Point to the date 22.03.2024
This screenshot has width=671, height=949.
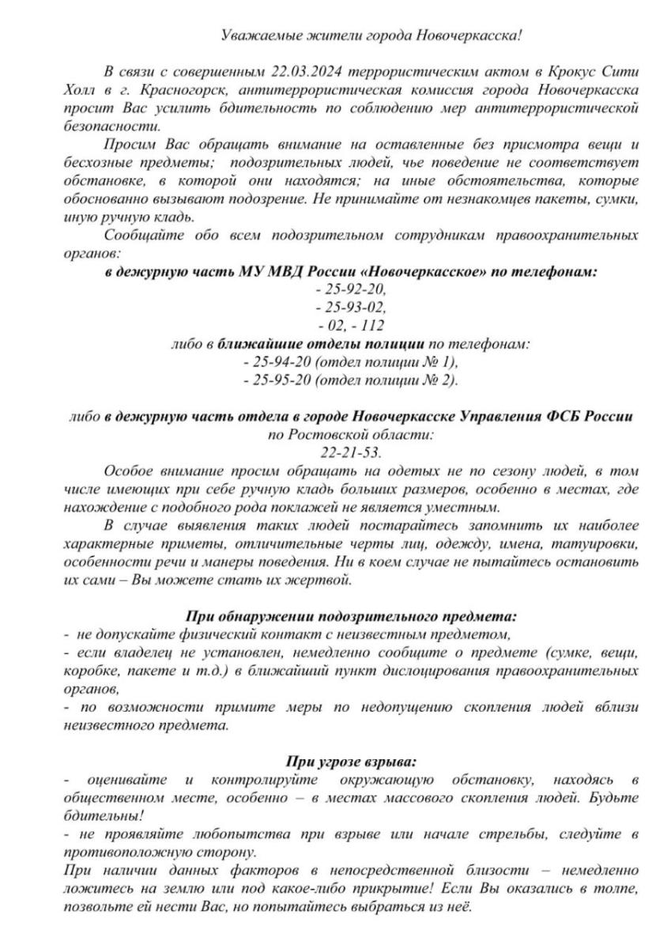[x=275, y=71]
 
